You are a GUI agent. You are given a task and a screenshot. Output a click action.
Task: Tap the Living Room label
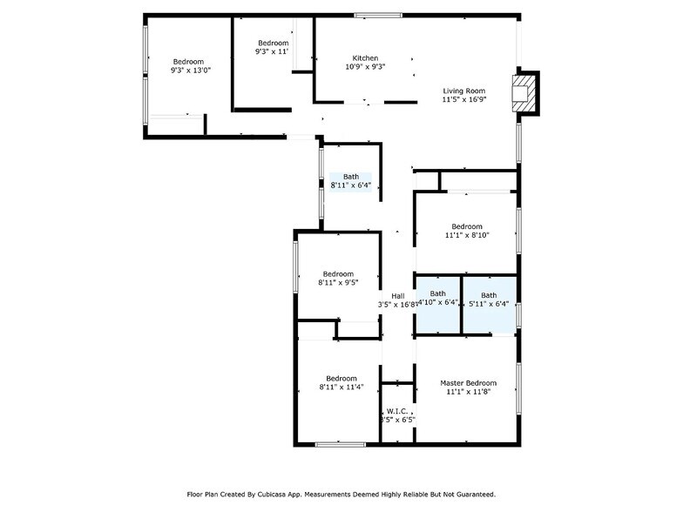point(463,91)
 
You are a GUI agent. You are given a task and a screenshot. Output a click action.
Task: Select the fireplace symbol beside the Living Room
point(523,91)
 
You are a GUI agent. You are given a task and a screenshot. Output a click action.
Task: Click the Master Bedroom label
point(468,383)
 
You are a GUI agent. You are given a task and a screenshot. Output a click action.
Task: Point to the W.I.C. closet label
point(397,410)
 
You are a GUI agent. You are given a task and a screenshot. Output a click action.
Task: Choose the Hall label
point(397,296)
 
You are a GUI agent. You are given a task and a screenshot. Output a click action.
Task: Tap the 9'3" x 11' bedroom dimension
point(272,52)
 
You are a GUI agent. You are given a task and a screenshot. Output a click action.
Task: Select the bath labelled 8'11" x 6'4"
point(350,185)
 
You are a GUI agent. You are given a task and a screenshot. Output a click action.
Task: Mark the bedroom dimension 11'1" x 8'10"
point(467,235)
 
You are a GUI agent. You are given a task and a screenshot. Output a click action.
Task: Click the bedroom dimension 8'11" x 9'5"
point(337,283)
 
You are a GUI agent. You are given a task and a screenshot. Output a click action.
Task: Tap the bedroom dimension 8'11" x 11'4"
point(341,387)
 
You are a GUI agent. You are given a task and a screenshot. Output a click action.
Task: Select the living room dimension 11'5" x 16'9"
point(463,99)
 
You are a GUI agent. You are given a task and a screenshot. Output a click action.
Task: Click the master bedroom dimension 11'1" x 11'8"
point(468,393)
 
